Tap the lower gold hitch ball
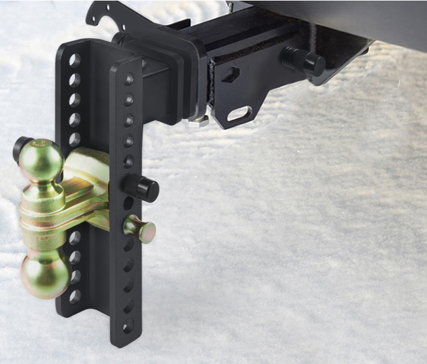(x=45, y=276)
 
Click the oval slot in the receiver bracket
(x=242, y=114)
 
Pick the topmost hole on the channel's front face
(x=75, y=60)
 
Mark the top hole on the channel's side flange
(x=129, y=79)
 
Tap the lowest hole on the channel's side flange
(x=128, y=326)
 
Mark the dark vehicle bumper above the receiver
(x=341, y=18)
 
